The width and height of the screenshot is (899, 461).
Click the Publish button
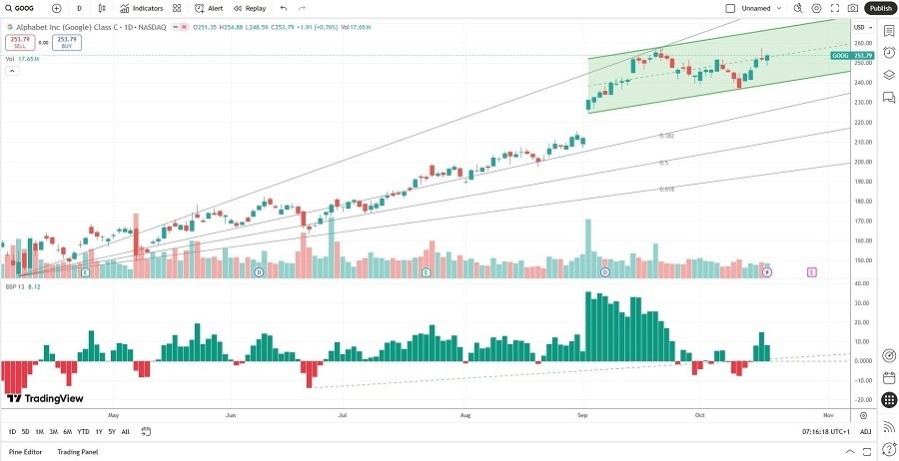click(x=880, y=8)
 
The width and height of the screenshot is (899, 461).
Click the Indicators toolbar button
click(x=141, y=8)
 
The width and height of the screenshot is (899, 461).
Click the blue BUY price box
click(x=68, y=42)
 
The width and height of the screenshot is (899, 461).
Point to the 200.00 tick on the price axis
click(x=859, y=162)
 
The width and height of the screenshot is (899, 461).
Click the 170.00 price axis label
click(x=859, y=221)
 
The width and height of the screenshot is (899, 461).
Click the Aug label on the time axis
click(x=464, y=414)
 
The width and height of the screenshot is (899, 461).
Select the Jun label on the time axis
click(x=231, y=414)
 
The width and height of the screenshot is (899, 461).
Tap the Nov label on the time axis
click(x=827, y=414)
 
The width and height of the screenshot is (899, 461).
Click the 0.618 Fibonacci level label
click(x=666, y=189)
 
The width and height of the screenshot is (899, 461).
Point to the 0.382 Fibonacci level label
click(x=666, y=136)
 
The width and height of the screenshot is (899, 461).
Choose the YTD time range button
click(x=83, y=431)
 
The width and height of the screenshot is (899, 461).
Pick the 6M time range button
click(x=67, y=431)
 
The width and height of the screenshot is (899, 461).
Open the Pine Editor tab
click(x=26, y=452)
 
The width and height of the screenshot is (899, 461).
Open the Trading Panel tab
click(x=78, y=452)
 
